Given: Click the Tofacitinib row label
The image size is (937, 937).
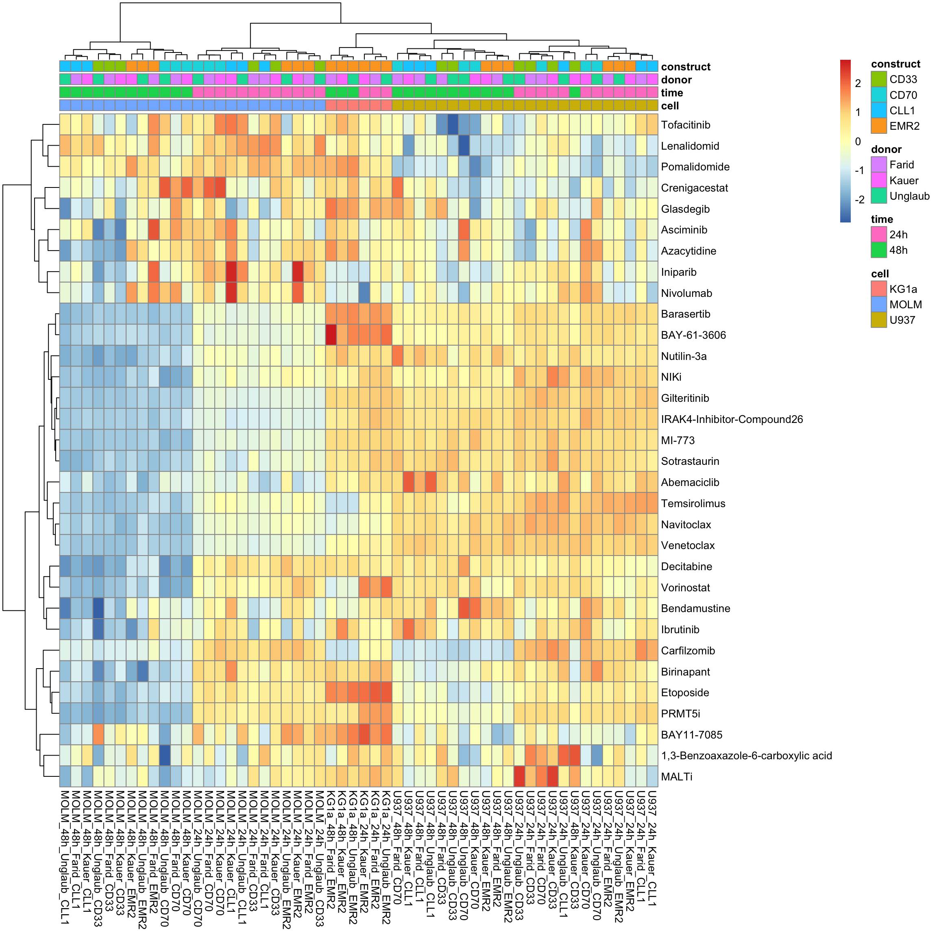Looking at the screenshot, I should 685,125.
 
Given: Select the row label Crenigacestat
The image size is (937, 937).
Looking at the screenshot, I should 694,188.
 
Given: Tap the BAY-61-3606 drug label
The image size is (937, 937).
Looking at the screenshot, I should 693,335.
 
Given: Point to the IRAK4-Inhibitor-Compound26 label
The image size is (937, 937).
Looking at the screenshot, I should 731,420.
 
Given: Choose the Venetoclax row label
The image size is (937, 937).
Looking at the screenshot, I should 688,546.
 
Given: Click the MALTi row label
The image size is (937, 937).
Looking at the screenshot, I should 677,777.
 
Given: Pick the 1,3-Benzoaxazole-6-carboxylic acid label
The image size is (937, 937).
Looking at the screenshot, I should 746,756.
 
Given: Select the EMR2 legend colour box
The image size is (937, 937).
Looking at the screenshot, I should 879,126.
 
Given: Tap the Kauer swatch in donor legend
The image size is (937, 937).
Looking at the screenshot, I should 879,181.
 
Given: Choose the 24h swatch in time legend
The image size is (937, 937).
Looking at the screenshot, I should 879,235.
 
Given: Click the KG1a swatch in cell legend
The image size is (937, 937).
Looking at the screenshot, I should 879,289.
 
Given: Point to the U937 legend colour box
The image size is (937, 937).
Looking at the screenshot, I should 879,320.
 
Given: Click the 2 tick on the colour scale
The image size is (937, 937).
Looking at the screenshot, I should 857,83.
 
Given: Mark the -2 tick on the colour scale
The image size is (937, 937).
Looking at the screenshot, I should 859,200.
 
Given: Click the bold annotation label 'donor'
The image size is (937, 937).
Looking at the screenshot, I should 676,80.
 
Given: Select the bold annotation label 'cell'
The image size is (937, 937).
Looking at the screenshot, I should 670,106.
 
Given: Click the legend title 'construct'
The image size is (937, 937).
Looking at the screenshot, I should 895,64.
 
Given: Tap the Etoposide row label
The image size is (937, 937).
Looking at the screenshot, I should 685,693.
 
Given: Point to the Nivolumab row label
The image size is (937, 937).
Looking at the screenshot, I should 686,293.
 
